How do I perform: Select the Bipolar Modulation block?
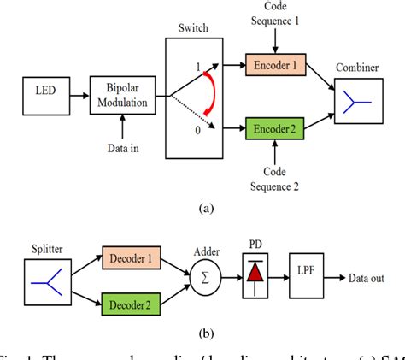click(x=128, y=97)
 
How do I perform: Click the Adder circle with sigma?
click(x=206, y=278)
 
